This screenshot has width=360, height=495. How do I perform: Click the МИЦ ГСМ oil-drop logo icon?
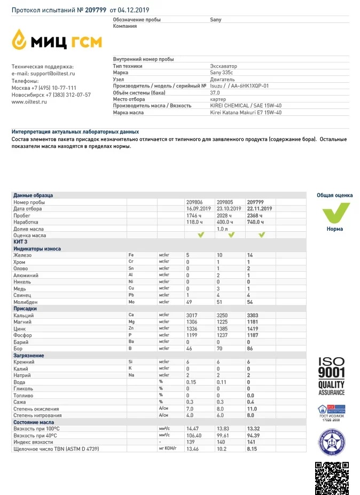(x=20, y=38)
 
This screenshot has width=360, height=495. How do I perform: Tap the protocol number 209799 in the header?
(x=96, y=10)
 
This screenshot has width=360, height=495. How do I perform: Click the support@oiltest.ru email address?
(x=52, y=73)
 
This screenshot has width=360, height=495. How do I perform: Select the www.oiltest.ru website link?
(x=29, y=101)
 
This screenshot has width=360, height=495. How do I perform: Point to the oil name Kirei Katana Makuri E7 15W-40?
(x=246, y=112)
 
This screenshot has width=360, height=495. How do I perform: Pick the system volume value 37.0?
(x=215, y=92)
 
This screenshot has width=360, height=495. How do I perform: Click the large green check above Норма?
(x=335, y=213)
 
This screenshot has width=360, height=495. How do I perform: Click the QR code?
(x=332, y=477)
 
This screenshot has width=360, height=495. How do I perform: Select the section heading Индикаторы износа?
(x=37, y=248)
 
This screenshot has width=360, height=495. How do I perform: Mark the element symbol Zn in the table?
(x=131, y=328)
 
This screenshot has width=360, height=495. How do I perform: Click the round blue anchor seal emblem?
(x=332, y=442)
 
